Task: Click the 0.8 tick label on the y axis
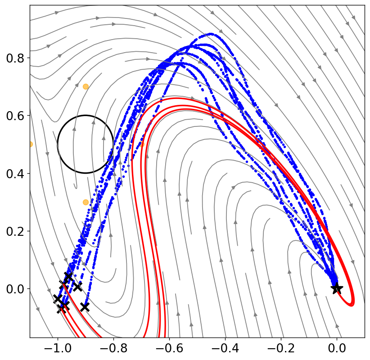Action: [15, 58]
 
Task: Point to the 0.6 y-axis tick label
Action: [15, 116]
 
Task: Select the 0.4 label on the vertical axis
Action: [15, 174]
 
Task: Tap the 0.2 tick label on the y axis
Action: [15, 231]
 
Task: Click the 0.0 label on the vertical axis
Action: [15, 289]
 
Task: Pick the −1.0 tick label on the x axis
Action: [58, 348]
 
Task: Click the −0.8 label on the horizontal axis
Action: [113, 348]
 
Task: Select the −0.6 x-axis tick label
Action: [169, 348]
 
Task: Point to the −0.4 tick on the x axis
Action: [225, 348]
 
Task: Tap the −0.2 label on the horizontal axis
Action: [281, 348]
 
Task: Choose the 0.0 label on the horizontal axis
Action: [337, 348]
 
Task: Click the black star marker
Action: [337, 288]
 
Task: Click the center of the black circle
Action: [86, 144]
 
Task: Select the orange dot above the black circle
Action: [86, 86]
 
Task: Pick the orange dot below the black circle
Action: [86, 202]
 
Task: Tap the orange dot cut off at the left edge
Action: [31, 144]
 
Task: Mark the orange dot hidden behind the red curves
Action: [142, 144]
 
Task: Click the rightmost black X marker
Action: [85, 307]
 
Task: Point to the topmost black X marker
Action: [68, 276]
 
